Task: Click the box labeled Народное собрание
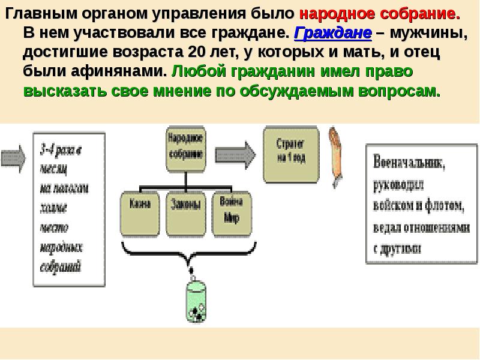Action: click(185, 146)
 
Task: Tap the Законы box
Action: click(185, 213)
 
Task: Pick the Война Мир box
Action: click(230, 213)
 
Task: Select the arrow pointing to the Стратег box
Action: click(240, 149)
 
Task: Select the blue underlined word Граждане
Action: click(323, 32)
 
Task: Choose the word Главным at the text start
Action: click(34, 13)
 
